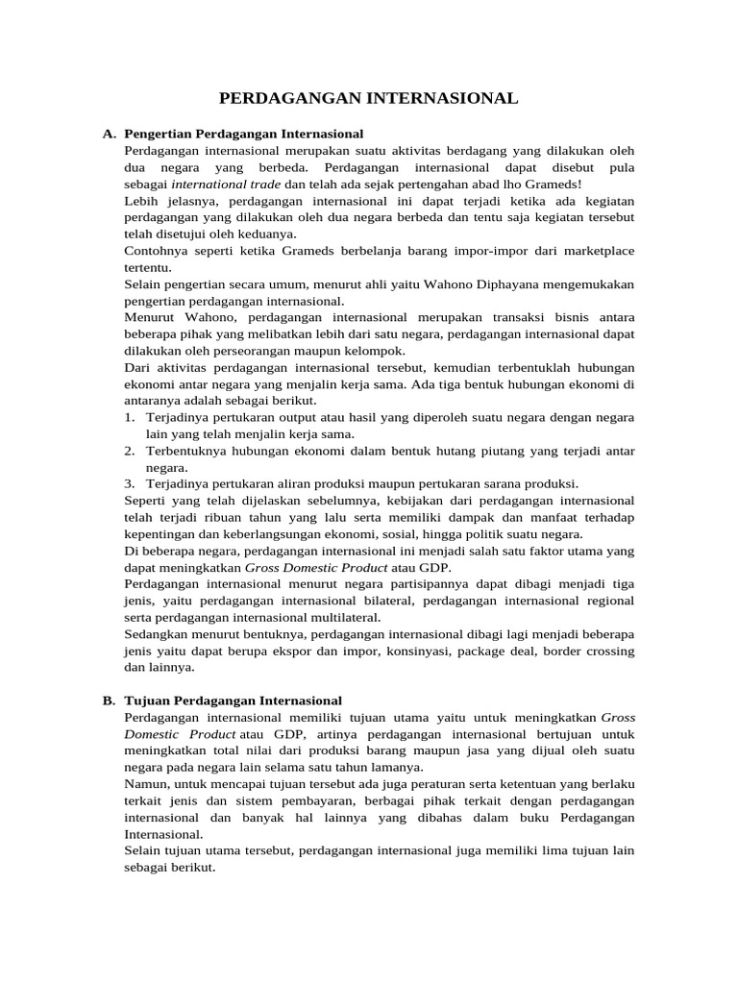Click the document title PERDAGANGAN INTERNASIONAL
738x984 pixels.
click(x=369, y=98)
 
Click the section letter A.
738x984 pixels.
click(x=109, y=134)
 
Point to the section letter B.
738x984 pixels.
click(x=109, y=701)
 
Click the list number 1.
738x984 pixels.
click(x=130, y=417)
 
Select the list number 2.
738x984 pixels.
click(x=130, y=451)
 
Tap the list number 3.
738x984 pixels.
click(x=130, y=483)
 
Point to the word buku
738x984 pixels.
click(x=518, y=817)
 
